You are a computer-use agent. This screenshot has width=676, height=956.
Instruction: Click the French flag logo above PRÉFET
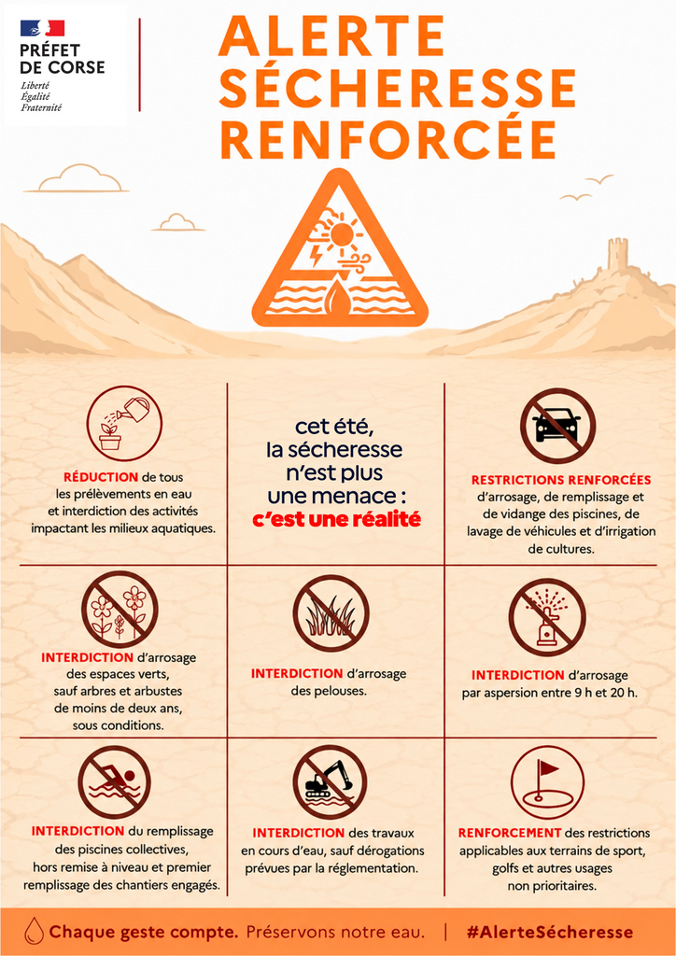coord(42,27)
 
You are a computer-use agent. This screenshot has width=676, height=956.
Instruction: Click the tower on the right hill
coord(617,254)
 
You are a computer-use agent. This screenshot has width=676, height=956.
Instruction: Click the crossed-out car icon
coord(557,426)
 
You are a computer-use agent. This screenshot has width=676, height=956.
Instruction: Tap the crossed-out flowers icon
coord(120,609)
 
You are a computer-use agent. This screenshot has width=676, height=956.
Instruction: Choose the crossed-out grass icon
coord(331,612)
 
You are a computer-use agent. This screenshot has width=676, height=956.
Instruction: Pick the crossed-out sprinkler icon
coord(547,616)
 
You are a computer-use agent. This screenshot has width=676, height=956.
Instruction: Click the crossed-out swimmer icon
coord(114,782)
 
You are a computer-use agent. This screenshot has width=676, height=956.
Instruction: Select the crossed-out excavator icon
coord(330,782)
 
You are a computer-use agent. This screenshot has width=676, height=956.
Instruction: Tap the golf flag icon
coord(547,781)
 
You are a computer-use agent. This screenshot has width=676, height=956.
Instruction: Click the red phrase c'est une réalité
coord(337,520)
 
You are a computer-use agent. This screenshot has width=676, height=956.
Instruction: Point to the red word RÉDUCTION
coord(101,477)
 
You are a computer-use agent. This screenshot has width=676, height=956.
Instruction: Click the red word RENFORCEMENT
coord(510,833)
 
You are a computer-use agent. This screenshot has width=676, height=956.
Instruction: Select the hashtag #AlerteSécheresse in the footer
coord(549,933)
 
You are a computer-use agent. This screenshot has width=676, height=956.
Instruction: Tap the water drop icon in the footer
coord(33,931)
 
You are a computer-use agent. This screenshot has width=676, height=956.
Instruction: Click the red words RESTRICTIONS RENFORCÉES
coord(561,480)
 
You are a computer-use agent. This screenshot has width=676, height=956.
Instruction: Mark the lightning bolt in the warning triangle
coord(317,256)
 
